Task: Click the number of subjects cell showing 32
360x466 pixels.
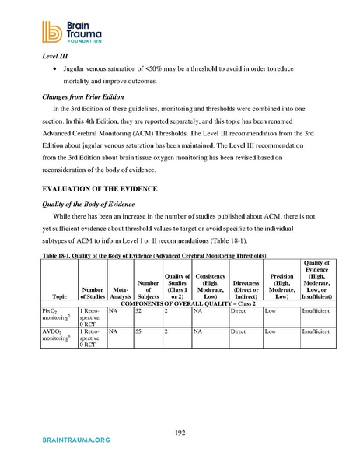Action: (138, 310)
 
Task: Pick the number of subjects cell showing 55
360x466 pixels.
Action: (138, 331)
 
